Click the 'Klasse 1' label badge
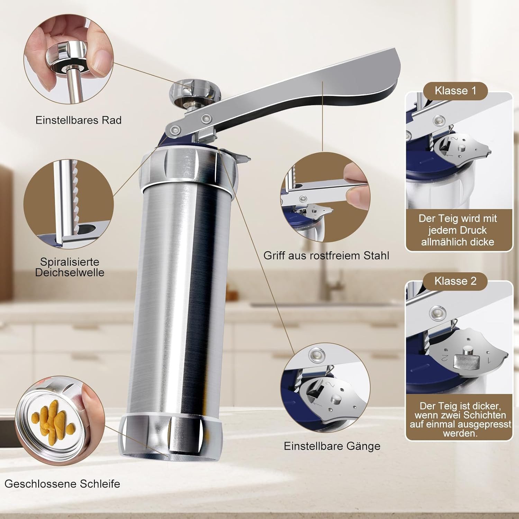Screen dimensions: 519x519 click(x=456, y=91)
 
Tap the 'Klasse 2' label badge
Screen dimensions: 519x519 click(x=455, y=281)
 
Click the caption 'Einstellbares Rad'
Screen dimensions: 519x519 click(x=79, y=120)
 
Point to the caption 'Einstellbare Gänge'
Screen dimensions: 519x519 click(x=332, y=446)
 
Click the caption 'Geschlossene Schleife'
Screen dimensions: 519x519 click(x=62, y=483)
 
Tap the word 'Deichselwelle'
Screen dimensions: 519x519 click(x=70, y=272)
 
